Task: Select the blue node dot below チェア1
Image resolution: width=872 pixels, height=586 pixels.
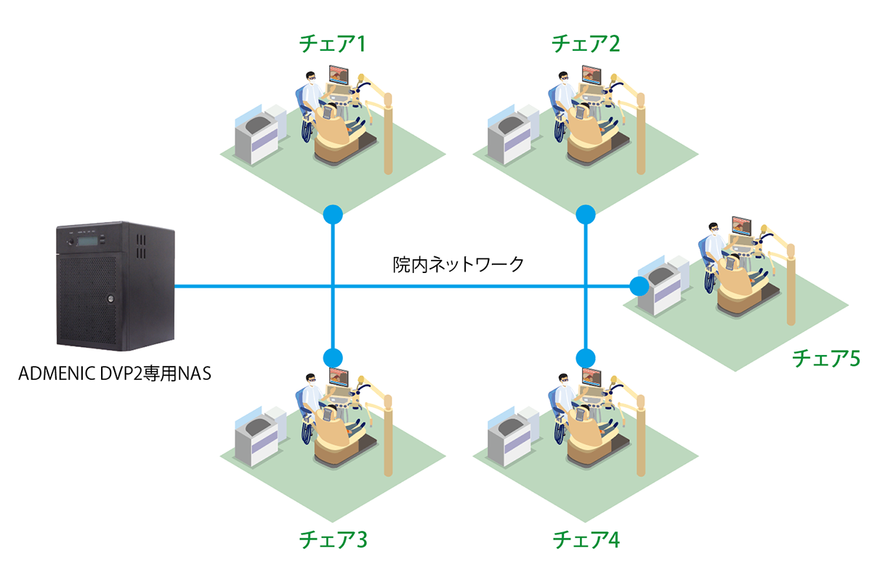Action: pos(333,214)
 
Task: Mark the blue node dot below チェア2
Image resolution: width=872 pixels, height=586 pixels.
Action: pos(586,214)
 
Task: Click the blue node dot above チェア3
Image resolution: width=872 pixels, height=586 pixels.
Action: pos(333,357)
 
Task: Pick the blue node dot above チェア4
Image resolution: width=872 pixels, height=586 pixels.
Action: pos(586,357)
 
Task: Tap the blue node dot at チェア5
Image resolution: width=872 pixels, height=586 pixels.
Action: pos(639,286)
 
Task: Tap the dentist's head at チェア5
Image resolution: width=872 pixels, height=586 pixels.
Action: pos(714,229)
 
